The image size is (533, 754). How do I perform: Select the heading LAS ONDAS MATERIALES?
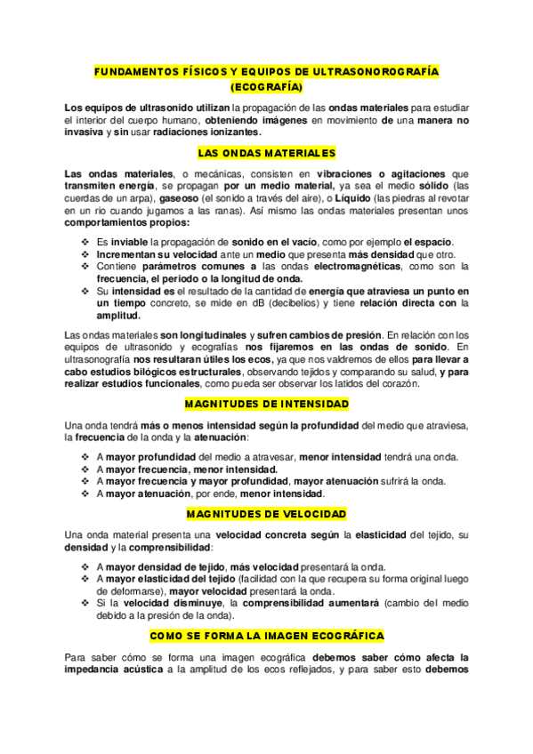point(266,153)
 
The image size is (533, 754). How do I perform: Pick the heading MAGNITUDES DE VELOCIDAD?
point(266,514)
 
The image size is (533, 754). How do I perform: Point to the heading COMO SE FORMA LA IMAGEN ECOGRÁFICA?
point(266,636)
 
